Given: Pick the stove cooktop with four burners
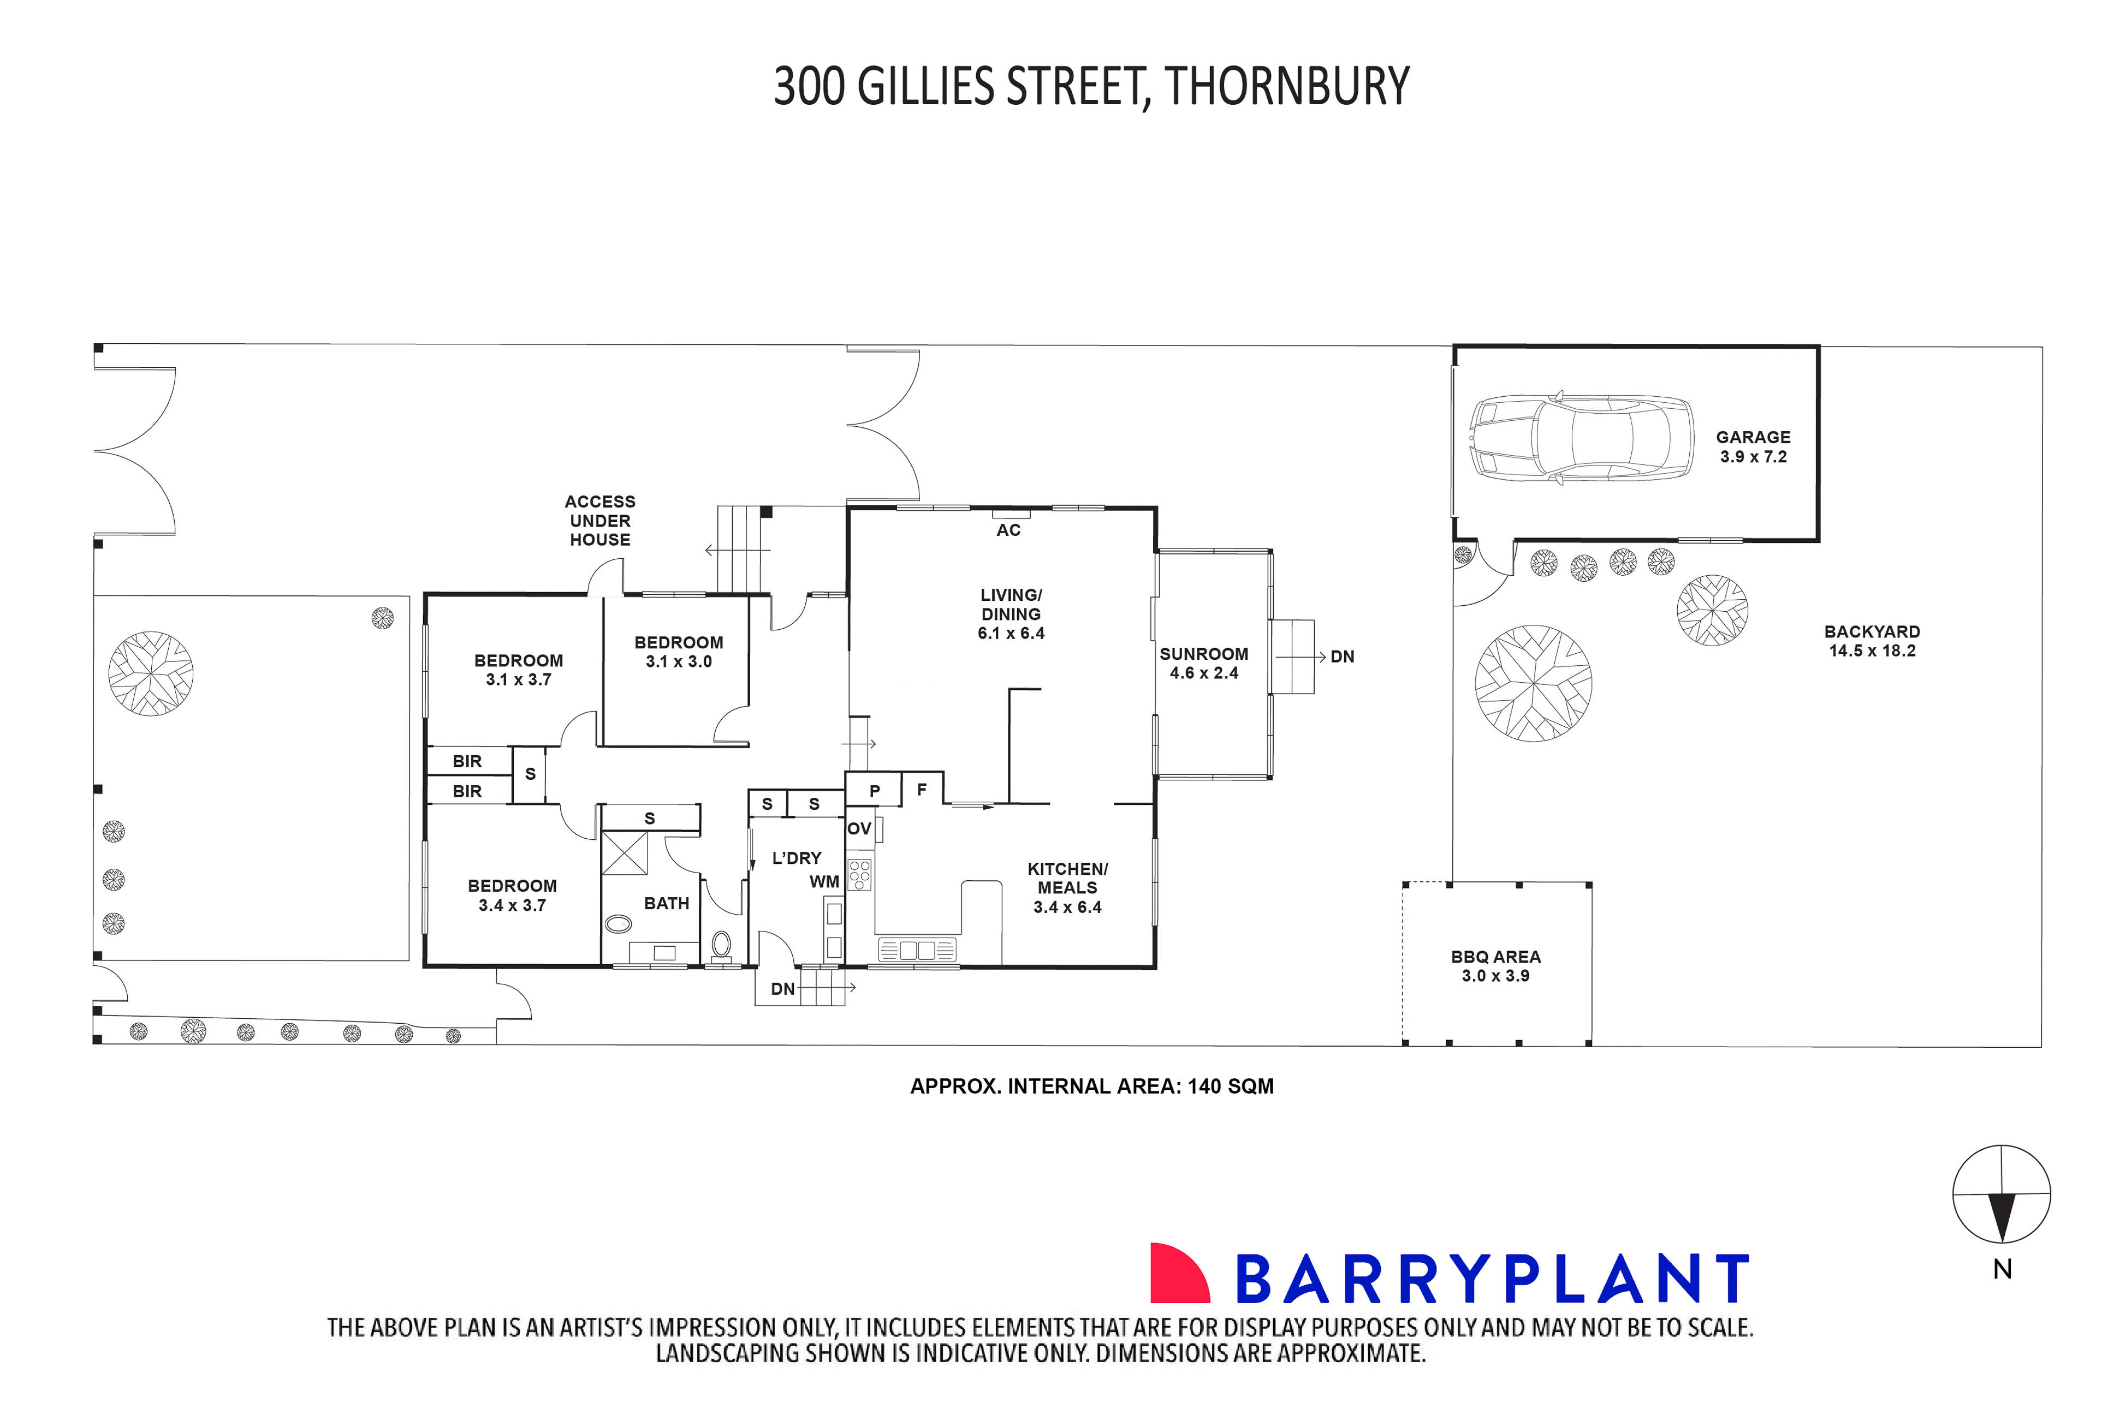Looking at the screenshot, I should click(x=859, y=874).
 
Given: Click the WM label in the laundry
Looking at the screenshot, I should click(x=824, y=881).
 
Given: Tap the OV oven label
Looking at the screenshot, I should click(x=859, y=828).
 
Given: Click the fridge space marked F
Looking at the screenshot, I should click(x=921, y=790).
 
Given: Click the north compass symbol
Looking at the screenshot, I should click(x=2001, y=1195).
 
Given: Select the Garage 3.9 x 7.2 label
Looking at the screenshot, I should click(x=1753, y=446).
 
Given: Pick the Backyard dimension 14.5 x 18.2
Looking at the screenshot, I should click(x=1872, y=650).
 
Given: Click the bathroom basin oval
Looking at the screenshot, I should click(x=619, y=922).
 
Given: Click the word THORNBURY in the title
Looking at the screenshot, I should click(x=1286, y=87).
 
